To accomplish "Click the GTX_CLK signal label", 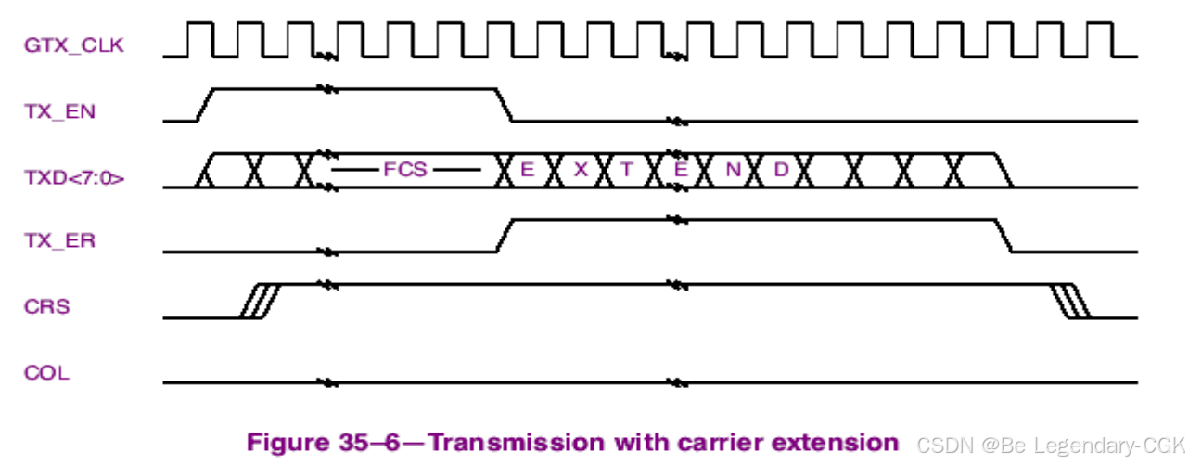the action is tap(73, 45).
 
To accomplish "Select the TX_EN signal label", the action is tap(60, 111).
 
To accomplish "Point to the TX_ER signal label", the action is tap(60, 240).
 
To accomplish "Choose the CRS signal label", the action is tap(46, 305).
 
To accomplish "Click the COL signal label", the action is tap(46, 374).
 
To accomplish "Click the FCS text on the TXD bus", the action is tap(404, 170).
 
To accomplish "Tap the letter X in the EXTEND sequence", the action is tap(581, 170).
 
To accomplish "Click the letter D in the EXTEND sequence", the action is tap(781, 170).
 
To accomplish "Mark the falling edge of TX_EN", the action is tap(505, 105).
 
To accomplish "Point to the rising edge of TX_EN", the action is tap(206, 105).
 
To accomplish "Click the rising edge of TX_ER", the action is tap(505, 235).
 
